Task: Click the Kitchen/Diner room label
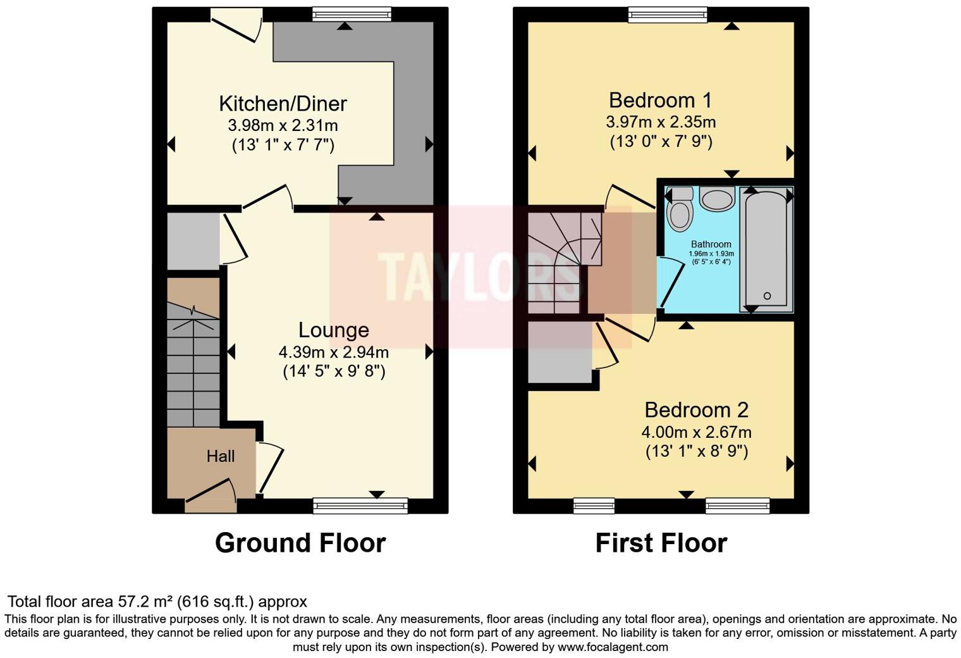click(x=283, y=103)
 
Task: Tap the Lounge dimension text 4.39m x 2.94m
click(x=333, y=352)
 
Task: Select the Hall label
click(x=220, y=456)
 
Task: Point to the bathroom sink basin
click(x=716, y=200)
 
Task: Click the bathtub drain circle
click(x=767, y=296)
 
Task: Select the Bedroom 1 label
click(x=660, y=100)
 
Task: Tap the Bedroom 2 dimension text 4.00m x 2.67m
click(x=696, y=433)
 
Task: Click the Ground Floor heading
click(x=300, y=543)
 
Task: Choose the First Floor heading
click(x=661, y=543)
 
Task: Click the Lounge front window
click(x=360, y=505)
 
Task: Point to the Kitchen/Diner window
click(x=352, y=14)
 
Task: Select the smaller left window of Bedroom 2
click(x=594, y=505)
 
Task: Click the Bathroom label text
click(x=711, y=244)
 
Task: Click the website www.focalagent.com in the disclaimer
click(x=612, y=647)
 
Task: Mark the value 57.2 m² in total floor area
click(x=145, y=602)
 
